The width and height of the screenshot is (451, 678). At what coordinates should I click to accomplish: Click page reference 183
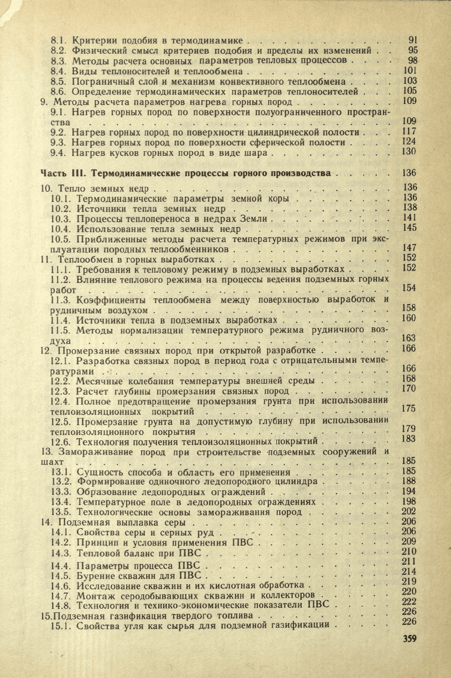click(x=409, y=438)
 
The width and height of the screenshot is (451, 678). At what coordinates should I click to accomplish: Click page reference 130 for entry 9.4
click(x=409, y=152)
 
